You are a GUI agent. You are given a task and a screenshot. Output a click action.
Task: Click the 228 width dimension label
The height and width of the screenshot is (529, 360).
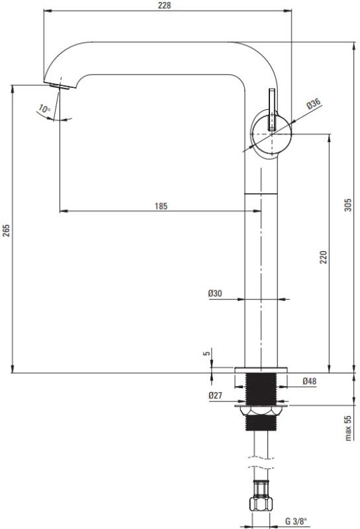click(x=164, y=5)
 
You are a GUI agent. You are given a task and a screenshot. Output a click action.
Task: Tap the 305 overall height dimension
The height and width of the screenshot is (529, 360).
click(x=347, y=205)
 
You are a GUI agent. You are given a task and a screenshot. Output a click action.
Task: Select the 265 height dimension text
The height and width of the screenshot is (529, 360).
click(x=6, y=230)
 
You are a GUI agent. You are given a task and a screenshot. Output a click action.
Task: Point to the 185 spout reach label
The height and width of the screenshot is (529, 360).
click(x=161, y=206)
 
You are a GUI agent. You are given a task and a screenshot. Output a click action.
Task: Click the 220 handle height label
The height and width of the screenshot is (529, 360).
click(x=324, y=257)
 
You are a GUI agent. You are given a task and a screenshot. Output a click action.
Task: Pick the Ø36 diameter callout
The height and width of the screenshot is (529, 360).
click(x=314, y=103)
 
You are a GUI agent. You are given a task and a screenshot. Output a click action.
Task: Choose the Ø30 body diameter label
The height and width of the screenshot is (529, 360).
click(x=215, y=293)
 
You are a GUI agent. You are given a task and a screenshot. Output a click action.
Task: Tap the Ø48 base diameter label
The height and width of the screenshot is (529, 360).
click(x=309, y=381)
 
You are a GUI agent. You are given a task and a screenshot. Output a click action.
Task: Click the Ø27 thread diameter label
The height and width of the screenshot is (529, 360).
click(x=215, y=395)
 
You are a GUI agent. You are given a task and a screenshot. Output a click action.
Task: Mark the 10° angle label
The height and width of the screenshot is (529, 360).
click(x=44, y=108)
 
